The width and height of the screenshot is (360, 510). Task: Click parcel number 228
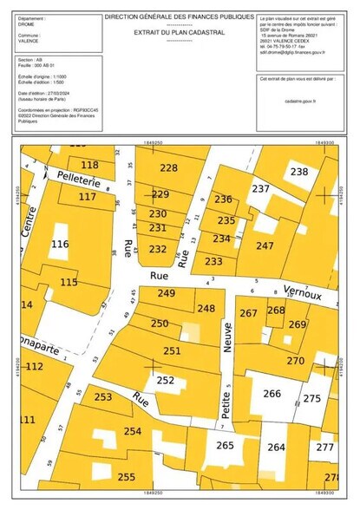point(168,168)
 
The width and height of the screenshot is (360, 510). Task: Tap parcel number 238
point(298,173)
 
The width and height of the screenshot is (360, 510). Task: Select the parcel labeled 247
point(265,246)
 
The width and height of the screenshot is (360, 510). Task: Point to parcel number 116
point(60,245)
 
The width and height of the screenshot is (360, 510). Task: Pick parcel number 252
point(165,380)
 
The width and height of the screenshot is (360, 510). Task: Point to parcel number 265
point(225,446)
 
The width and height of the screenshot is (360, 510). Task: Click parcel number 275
point(311,398)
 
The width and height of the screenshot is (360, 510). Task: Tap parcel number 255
point(127,477)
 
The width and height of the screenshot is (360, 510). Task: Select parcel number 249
point(167,294)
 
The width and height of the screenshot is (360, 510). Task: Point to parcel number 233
point(213,261)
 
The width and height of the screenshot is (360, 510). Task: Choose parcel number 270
point(296,361)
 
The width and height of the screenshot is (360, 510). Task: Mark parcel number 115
point(69,283)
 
